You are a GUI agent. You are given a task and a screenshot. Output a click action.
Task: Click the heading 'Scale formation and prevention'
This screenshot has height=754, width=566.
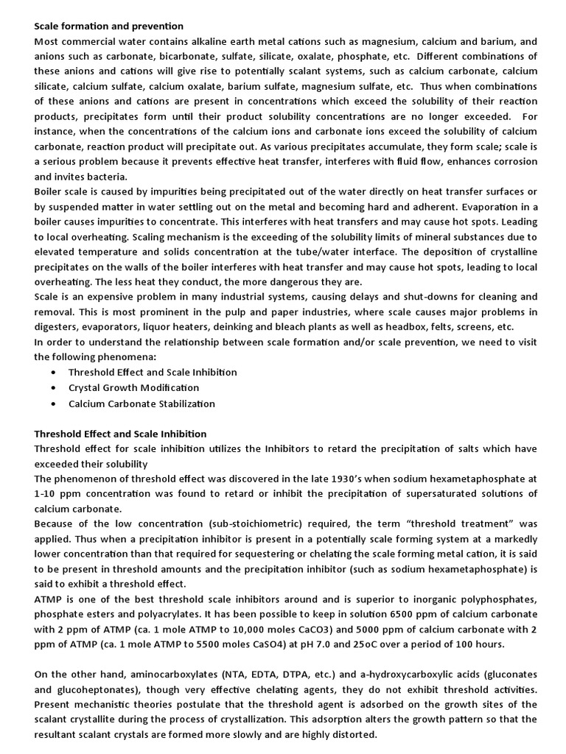coord(109,27)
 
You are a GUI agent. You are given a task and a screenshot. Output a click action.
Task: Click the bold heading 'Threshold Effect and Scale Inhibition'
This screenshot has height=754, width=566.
coord(120,434)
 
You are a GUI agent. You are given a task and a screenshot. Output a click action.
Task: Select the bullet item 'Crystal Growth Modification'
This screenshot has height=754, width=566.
coord(133,387)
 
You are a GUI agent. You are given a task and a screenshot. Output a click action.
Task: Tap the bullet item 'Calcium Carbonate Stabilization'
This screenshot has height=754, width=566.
coord(141,404)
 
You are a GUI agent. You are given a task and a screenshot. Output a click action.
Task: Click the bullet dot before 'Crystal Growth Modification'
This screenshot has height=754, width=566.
coord(54,388)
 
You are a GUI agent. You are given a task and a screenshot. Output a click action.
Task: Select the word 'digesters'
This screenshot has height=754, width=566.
coord(57,326)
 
